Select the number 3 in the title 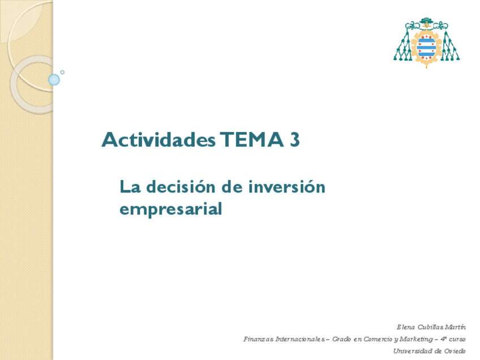tap(294, 140)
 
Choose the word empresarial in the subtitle tap(170, 209)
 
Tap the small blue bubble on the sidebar tap(54, 80)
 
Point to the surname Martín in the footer tap(456, 327)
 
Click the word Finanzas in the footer tap(258, 340)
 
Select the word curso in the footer tap(457, 340)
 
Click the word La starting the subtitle tap(128, 186)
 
